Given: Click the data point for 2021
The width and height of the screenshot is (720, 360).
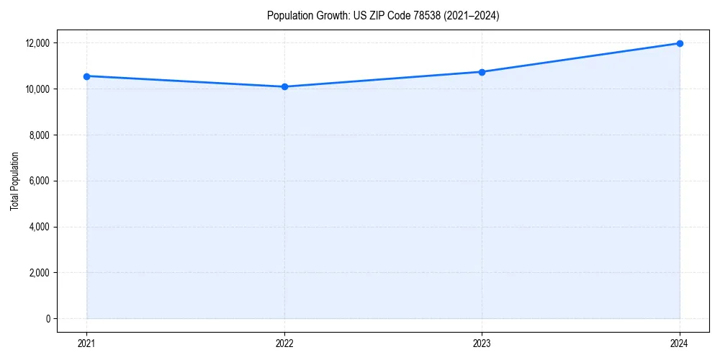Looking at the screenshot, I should (86, 76).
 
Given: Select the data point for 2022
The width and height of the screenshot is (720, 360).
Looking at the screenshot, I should (284, 86).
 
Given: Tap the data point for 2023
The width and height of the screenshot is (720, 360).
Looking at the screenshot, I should (482, 72).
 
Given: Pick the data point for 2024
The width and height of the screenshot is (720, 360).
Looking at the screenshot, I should (680, 43).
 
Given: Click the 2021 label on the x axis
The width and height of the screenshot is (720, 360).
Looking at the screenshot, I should (86, 343).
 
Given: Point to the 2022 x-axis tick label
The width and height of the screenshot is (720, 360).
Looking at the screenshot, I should (284, 343).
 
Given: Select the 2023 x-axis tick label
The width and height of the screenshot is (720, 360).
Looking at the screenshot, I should (482, 343).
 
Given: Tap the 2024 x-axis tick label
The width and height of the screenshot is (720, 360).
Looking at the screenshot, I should (680, 343).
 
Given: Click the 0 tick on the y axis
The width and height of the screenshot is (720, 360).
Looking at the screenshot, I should (48, 319).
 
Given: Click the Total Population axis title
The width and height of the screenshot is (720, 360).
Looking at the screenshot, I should (14, 181).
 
